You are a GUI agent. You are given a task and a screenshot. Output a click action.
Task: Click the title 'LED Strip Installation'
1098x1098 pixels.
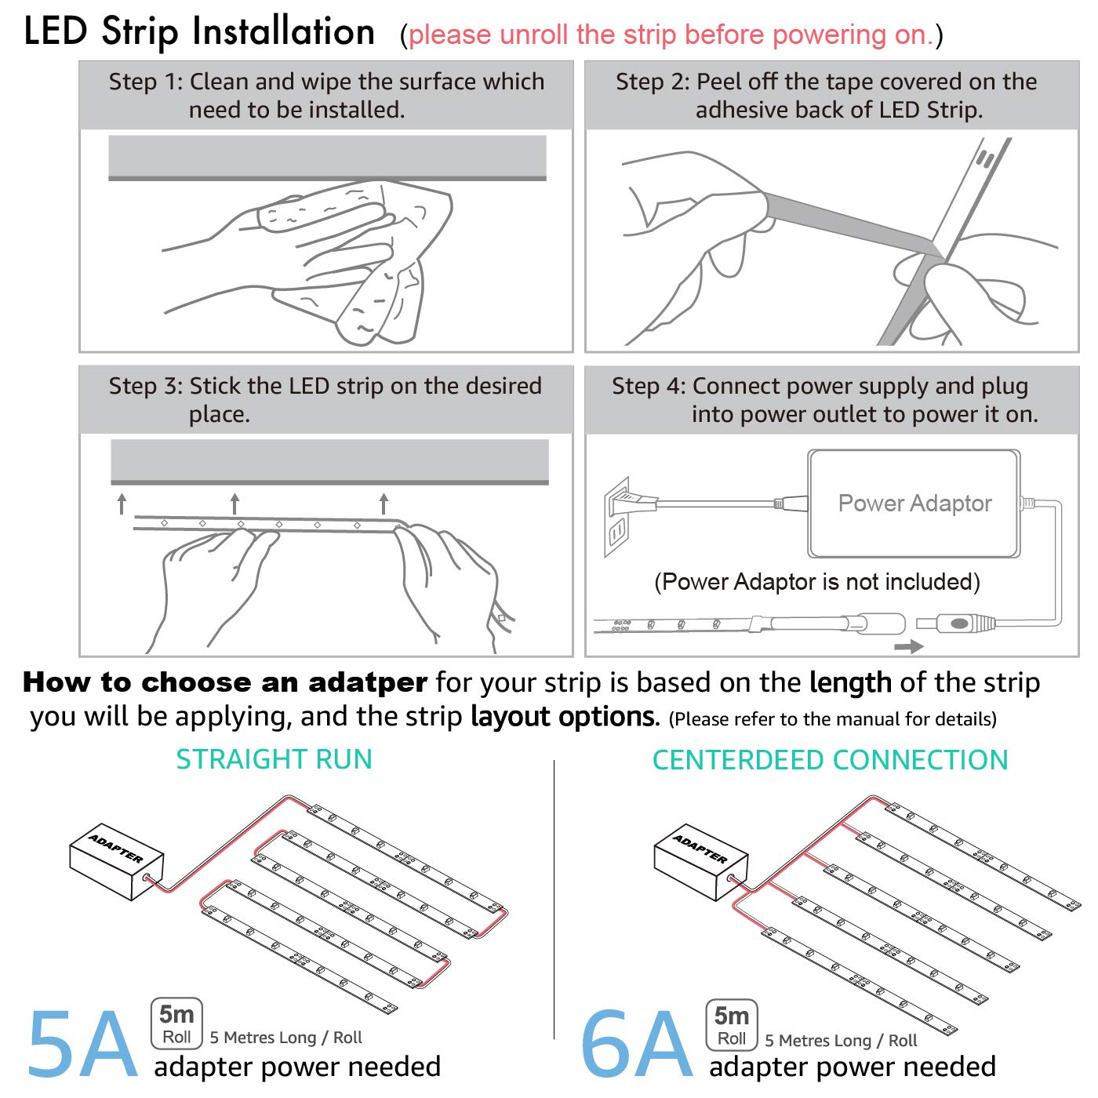point(199,31)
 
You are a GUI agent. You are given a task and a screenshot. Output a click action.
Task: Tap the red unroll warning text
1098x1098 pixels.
point(671,35)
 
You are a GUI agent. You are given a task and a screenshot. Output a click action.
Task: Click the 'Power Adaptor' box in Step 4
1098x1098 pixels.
point(914,504)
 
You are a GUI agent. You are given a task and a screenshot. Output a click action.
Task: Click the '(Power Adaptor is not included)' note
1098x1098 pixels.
point(816,582)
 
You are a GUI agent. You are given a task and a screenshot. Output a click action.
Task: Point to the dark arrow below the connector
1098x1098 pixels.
point(909,646)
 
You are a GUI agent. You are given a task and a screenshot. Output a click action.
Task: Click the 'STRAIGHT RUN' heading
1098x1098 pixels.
point(274,759)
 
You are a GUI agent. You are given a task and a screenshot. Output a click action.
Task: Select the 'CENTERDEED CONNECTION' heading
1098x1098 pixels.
point(831,759)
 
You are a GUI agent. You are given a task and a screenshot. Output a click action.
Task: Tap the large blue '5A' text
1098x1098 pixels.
point(82,1045)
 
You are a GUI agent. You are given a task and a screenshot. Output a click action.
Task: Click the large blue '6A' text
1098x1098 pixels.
point(636,1045)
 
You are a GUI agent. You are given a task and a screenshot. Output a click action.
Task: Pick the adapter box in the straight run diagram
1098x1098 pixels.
point(116,861)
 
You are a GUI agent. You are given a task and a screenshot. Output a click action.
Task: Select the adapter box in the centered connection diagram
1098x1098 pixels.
point(700,861)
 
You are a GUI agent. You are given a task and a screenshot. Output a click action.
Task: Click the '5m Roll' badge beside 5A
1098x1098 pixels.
point(176,1023)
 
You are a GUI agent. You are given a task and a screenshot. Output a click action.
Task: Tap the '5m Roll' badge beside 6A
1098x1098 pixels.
point(732,1024)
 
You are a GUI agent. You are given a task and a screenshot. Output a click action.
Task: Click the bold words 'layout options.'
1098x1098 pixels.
point(565,716)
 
